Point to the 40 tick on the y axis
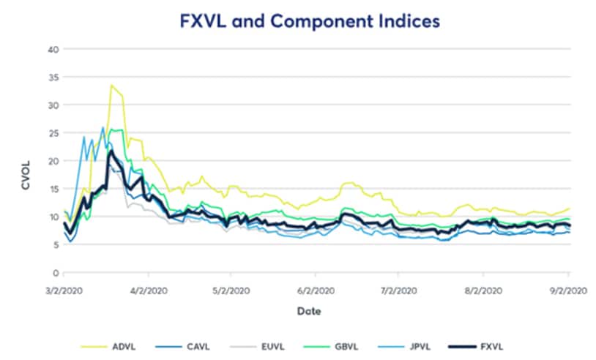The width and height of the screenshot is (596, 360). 53,49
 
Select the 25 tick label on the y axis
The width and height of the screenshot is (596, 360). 53,132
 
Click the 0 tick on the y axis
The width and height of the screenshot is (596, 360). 55,272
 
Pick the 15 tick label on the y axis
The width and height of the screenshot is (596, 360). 53,189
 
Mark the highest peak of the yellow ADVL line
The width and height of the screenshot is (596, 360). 111,85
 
